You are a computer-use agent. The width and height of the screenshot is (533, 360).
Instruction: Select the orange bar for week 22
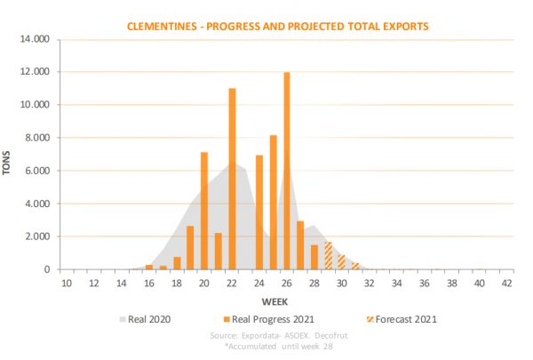[x=232, y=179]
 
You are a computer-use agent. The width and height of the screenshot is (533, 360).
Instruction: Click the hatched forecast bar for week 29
[x=328, y=255]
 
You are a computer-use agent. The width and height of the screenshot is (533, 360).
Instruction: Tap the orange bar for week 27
[x=300, y=244]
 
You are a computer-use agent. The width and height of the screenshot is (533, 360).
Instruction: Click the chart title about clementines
[x=279, y=26]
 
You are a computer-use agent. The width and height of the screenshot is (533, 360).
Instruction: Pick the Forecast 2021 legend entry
[x=402, y=318]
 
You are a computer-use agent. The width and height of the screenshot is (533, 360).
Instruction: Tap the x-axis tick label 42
[x=506, y=283]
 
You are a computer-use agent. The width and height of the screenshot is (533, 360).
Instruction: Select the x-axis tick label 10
[x=67, y=283]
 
